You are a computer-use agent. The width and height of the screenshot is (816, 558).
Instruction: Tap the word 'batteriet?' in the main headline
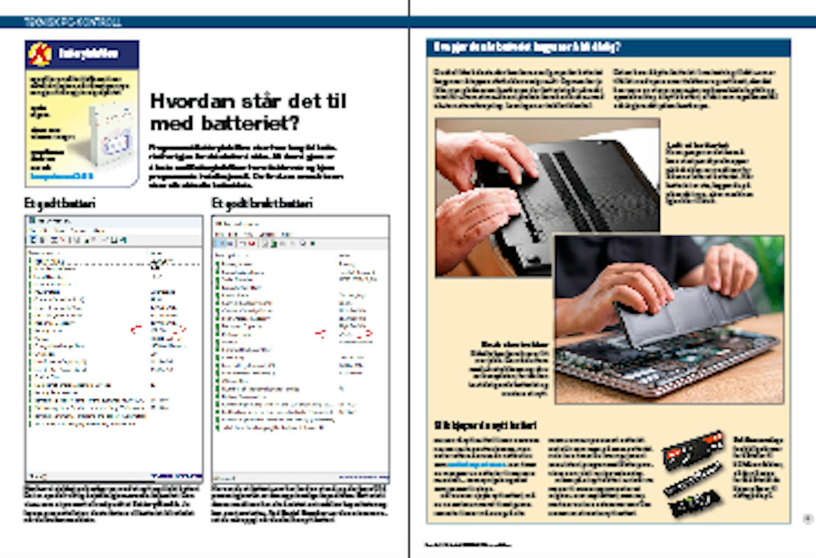tap(251, 124)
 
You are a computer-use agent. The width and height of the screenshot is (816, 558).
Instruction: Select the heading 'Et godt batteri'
tap(60, 203)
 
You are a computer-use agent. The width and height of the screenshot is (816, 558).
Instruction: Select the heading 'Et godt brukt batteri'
tap(262, 203)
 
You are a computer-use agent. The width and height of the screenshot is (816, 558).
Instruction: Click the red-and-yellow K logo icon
tap(40, 54)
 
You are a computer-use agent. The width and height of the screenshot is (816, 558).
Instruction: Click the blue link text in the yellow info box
tap(61, 176)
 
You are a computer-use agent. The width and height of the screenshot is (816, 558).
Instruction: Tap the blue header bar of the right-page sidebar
tap(608, 47)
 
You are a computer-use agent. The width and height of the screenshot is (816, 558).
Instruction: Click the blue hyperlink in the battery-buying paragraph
tap(476, 465)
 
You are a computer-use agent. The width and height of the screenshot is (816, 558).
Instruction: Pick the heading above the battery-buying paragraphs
tap(485, 425)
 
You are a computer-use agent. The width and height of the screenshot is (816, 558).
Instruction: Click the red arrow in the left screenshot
tap(136, 328)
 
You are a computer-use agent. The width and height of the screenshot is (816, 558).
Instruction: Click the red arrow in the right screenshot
tap(322, 333)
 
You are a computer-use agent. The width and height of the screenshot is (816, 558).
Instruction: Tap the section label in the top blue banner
tap(73, 22)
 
